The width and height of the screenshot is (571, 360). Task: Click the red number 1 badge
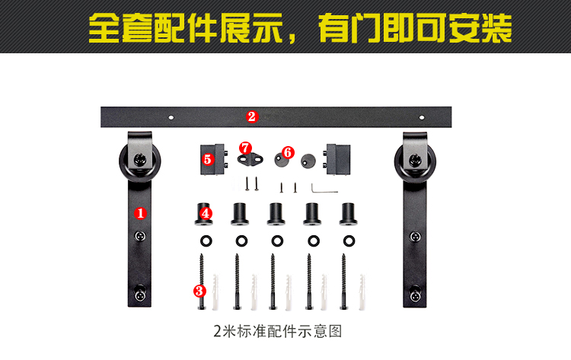point(141,213)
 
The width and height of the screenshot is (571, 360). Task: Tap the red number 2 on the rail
point(252,117)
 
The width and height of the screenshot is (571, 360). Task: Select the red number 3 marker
point(199,291)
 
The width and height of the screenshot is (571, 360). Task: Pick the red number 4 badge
point(206,213)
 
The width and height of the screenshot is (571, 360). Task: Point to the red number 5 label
point(208,159)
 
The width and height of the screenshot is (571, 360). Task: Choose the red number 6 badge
point(288,152)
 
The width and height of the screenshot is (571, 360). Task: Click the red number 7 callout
point(245,148)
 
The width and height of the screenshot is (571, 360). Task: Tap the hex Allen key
point(324,189)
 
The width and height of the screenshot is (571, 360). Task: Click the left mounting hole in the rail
point(171,117)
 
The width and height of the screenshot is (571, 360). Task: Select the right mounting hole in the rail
point(422,117)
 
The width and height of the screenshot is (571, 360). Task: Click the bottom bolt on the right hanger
point(415,292)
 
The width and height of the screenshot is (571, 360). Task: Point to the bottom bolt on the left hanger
point(140,292)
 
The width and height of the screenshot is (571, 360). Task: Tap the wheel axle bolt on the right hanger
point(414,160)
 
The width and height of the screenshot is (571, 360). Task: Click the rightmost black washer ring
point(349,241)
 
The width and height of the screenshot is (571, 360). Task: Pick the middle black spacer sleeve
point(276,214)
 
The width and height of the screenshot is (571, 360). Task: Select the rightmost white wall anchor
point(362,292)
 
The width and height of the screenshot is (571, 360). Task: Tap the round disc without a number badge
point(308,161)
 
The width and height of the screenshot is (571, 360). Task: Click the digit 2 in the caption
point(218,332)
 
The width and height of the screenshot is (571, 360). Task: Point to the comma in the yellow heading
point(292,38)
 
